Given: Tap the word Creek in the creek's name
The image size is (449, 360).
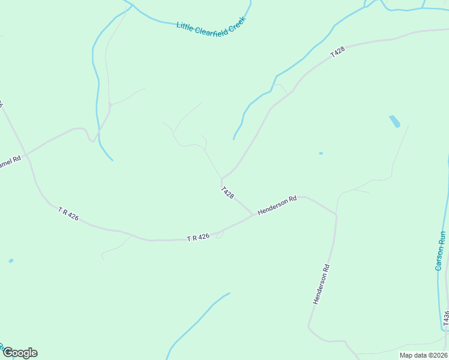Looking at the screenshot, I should pyautogui.click(x=235, y=30).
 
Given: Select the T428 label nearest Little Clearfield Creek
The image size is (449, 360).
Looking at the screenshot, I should pyautogui.click(x=338, y=53).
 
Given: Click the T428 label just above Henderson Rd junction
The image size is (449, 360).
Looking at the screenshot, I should pyautogui.click(x=227, y=193).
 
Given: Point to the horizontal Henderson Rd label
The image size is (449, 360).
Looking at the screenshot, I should pyautogui.click(x=277, y=205).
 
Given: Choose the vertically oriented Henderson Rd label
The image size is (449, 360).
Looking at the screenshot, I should pyautogui.click(x=322, y=284).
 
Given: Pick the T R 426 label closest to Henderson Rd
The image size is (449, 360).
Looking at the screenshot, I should pyautogui.click(x=198, y=238).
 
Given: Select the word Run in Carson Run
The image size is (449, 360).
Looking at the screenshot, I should pyautogui.click(x=442, y=238).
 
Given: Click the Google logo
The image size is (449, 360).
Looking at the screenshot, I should pyautogui.click(x=20, y=353).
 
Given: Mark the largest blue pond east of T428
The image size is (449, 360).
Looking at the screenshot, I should pyautogui.click(x=394, y=122).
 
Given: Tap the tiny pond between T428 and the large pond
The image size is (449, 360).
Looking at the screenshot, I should pyautogui.click(x=321, y=154).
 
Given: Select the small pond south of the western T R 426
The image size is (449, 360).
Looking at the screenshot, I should pyautogui.click(x=11, y=261).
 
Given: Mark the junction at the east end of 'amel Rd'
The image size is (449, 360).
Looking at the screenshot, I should pyautogui.click(x=26, y=154).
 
